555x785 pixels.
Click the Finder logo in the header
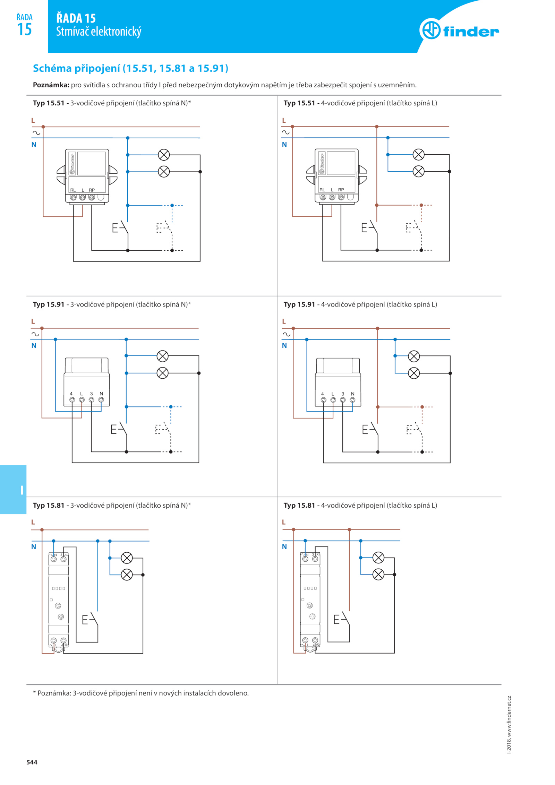tap(459, 29)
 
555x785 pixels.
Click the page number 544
tap(32, 762)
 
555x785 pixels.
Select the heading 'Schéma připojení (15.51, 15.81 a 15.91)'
tap(130, 68)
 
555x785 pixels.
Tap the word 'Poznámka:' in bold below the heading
tap(51, 85)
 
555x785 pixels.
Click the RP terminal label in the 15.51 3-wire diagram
tap(92, 190)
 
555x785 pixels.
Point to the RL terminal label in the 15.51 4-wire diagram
tap(322, 190)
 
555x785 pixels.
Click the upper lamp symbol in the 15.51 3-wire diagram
tap(164, 155)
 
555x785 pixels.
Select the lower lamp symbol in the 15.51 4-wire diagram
tap(418, 171)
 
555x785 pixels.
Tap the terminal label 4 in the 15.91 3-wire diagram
tap(71, 394)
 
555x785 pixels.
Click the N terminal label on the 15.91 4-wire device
tap(352, 394)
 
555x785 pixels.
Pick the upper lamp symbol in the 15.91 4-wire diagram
tap(413, 356)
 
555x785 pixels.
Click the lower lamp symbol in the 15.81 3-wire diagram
tap(127, 575)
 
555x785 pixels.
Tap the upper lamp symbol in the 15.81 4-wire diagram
tap(378, 558)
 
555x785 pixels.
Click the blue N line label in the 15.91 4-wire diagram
tap(284, 345)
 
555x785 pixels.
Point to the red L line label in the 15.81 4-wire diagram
tap(283, 522)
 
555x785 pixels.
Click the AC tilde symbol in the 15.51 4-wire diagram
tap(285, 132)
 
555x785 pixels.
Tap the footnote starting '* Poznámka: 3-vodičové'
tap(140, 693)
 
